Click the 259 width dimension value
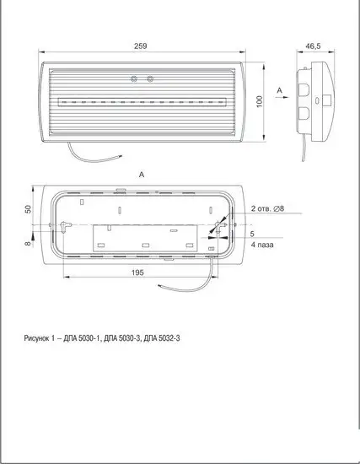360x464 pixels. coord(141,46)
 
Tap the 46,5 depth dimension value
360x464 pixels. coord(313,46)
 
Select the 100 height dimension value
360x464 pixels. coord(259,101)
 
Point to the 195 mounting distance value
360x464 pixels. coord(137,272)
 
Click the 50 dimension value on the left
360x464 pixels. coord(28,209)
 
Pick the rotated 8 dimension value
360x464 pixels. coord(28,243)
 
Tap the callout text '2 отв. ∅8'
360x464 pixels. coord(267,208)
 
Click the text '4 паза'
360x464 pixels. coord(262,245)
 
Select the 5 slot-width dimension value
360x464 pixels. coord(252,234)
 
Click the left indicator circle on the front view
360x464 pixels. coord(134,78)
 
